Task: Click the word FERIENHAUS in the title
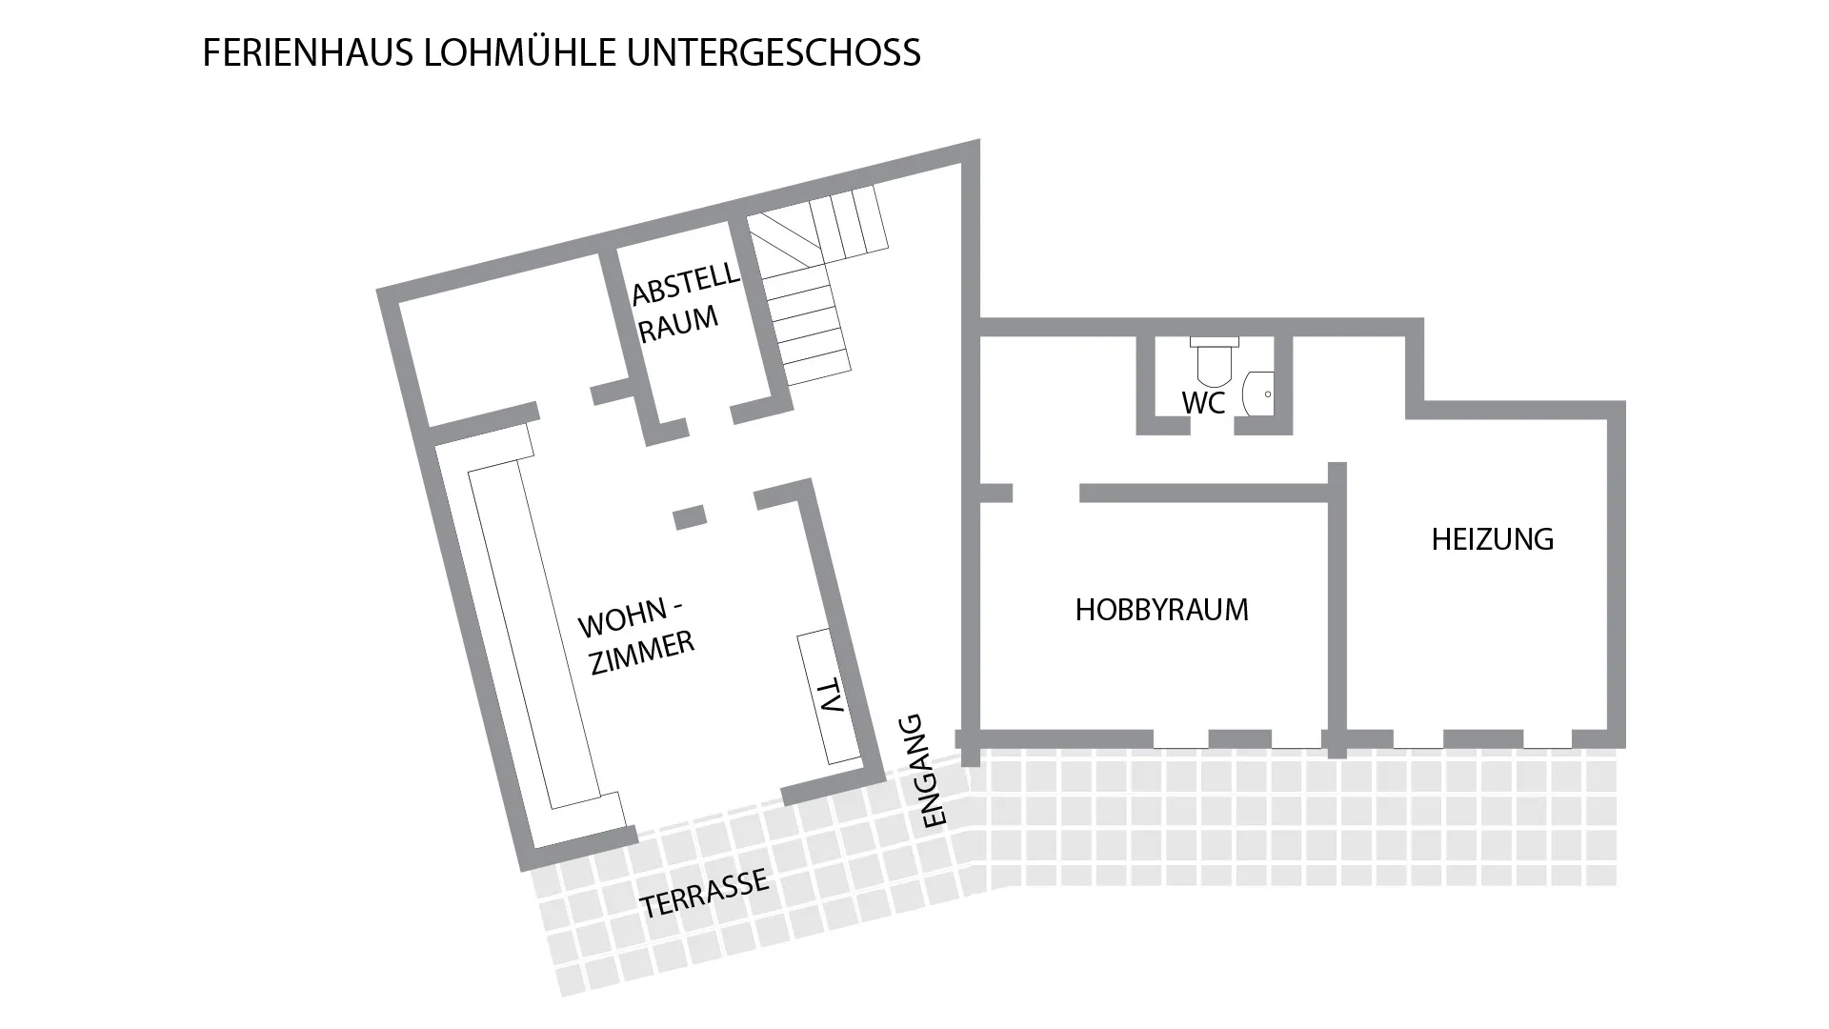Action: click(308, 52)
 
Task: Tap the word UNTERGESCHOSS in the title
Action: click(774, 52)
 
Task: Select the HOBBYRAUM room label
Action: click(1161, 610)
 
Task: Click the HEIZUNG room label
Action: click(1492, 539)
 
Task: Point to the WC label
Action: click(1203, 403)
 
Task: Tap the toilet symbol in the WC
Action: click(1215, 362)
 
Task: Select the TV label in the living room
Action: click(830, 696)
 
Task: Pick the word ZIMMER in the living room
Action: click(643, 653)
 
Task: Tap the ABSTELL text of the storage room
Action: click(686, 283)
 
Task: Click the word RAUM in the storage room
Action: click(678, 324)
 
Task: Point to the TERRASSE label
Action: click(704, 893)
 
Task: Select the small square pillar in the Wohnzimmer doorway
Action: click(690, 517)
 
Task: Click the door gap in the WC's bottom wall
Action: click(1212, 426)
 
